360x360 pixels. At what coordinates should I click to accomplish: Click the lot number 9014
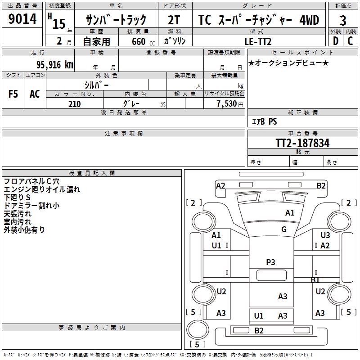pyautogui.click(x=22, y=19)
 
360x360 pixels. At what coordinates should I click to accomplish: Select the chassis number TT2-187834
pyautogui.click(x=302, y=143)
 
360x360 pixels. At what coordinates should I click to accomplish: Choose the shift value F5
pyautogui.click(x=13, y=94)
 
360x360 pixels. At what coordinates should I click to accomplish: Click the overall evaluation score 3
pyautogui.click(x=343, y=21)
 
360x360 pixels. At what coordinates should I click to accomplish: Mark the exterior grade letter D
pyautogui.click(x=335, y=41)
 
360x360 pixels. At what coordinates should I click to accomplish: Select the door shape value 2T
pyautogui.click(x=174, y=20)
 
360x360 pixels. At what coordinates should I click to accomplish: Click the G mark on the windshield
pyautogui.click(x=284, y=229)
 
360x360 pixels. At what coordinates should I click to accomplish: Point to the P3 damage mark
pyautogui.click(x=270, y=262)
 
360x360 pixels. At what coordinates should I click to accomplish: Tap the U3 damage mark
pyautogui.click(x=325, y=235)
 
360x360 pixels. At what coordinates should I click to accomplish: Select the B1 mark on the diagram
pyautogui.click(x=315, y=280)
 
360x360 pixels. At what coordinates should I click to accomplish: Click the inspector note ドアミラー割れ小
pyautogui.click(x=31, y=205)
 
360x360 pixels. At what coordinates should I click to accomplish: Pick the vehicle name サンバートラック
pyautogui.click(x=116, y=20)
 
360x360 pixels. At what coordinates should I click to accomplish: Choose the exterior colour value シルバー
pyautogui.click(x=96, y=85)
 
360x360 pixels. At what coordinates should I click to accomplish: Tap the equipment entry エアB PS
pyautogui.click(x=264, y=121)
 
